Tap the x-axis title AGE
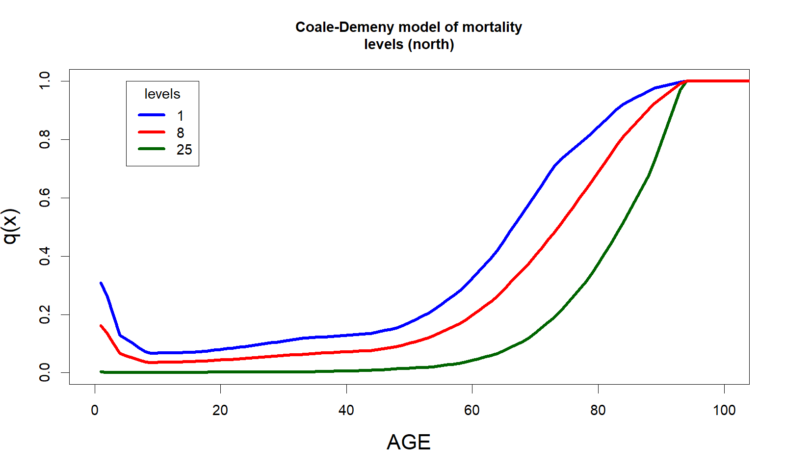pyautogui.click(x=408, y=442)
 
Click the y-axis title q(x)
pyautogui.click(x=11, y=226)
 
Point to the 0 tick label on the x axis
pyautogui.click(x=95, y=410)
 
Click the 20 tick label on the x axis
pyautogui.click(x=220, y=410)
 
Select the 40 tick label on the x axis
pyautogui.click(x=346, y=410)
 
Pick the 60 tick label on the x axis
pyautogui.click(x=472, y=410)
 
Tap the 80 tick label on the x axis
pyautogui.click(x=598, y=410)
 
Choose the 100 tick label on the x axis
pyautogui.click(x=724, y=410)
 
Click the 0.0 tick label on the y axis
pyautogui.click(x=45, y=372)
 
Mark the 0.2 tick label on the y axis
pyautogui.click(x=45, y=314)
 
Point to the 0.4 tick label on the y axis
pyautogui.click(x=45, y=256)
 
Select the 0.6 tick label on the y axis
pyautogui.click(x=45, y=198)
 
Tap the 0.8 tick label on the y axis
pyautogui.click(x=45, y=139)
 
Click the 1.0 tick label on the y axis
pyautogui.click(x=45, y=81)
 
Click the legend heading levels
pyautogui.click(x=162, y=94)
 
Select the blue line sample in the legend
pyautogui.click(x=152, y=115)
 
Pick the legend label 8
pyautogui.click(x=181, y=133)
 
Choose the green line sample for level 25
pyautogui.click(x=152, y=149)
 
